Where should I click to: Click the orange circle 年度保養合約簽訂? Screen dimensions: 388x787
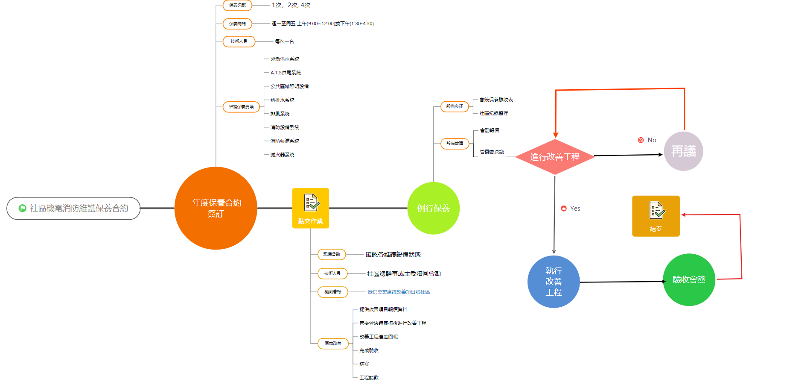(216, 208)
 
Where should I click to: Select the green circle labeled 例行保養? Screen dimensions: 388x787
(433, 208)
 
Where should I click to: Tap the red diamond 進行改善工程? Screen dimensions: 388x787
(555, 157)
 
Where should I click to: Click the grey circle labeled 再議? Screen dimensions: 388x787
(683, 151)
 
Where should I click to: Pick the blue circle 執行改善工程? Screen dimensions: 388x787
(554, 282)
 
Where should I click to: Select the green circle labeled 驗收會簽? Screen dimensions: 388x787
(689, 280)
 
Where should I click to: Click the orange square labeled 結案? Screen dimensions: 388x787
(656, 216)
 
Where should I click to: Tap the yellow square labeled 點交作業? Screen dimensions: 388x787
(311, 208)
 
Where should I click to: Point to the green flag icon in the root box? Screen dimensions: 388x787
(22, 208)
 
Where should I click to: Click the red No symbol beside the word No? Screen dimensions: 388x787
(641, 140)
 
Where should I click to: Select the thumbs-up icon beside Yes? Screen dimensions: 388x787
(564, 209)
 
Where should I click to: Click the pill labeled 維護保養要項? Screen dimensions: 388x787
(241, 107)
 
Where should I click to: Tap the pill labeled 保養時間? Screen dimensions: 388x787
(237, 24)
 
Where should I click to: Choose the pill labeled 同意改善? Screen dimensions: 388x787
(333, 344)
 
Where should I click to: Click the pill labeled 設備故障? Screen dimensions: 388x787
(455, 144)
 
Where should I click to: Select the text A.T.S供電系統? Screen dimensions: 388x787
(286, 73)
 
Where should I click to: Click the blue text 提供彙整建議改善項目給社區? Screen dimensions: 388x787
(399, 292)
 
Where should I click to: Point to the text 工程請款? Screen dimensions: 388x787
(369, 378)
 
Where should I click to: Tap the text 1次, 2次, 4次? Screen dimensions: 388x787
(291, 5)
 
